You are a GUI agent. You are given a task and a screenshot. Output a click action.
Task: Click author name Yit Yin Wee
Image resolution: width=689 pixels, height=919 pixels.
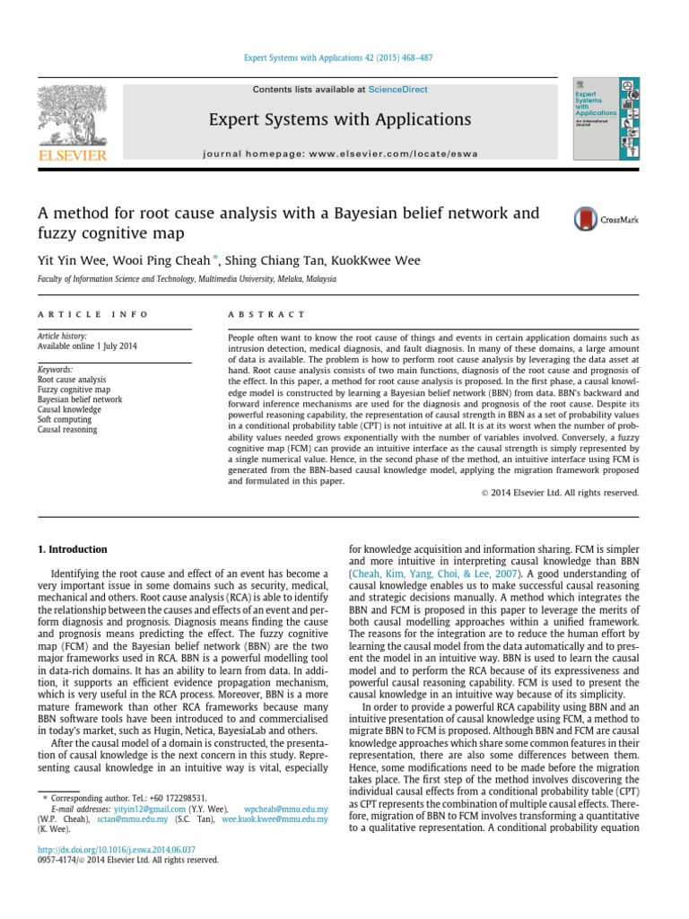[68, 261]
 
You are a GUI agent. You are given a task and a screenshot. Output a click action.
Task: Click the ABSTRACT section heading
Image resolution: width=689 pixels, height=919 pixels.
[266, 315]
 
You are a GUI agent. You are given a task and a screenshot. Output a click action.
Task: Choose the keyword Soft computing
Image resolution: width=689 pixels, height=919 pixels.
[65, 419]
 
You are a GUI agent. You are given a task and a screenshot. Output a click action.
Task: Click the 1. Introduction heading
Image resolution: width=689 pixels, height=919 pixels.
[71, 549]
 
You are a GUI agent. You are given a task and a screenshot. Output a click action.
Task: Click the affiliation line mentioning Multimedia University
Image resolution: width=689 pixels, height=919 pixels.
[187, 280]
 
